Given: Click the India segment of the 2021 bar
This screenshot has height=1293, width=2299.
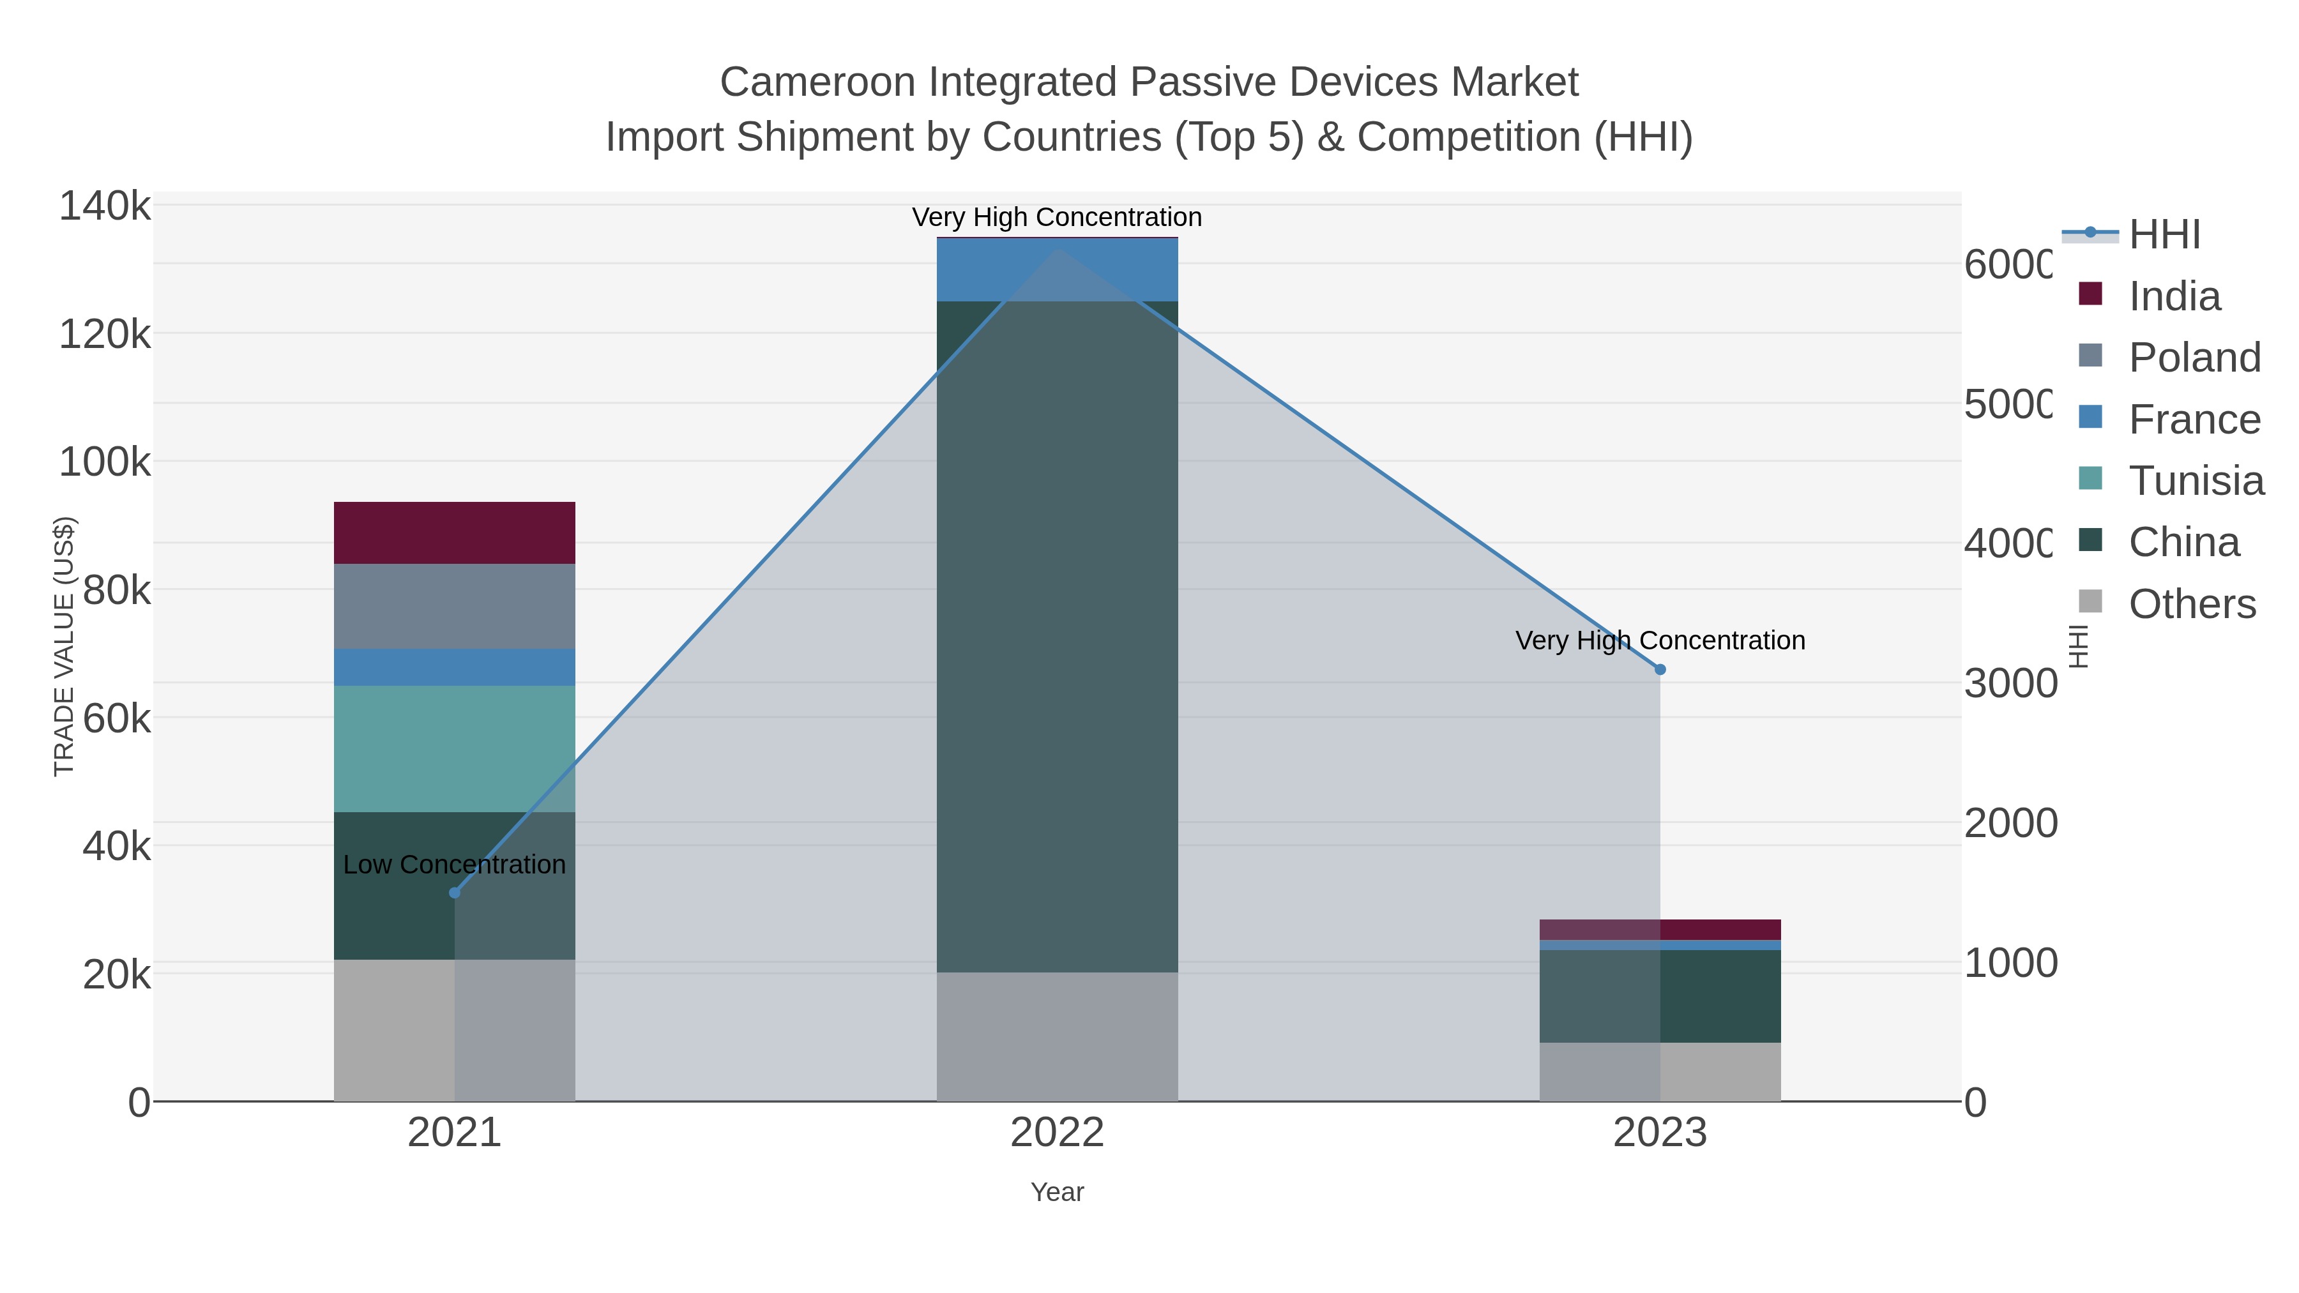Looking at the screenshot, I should tap(454, 533).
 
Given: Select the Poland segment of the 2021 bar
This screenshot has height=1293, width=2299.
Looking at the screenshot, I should tap(454, 606).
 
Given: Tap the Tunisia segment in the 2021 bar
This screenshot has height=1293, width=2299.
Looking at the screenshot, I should tap(454, 749).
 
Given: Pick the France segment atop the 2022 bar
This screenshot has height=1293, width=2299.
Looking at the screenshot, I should tap(1057, 269).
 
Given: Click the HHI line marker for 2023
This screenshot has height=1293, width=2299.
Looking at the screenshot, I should tap(1660, 669).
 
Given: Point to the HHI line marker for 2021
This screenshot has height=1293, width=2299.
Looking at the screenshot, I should tap(454, 893).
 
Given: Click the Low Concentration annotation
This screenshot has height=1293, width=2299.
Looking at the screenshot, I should tap(454, 865).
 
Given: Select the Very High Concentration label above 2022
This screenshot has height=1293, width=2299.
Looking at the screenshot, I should tap(1057, 217).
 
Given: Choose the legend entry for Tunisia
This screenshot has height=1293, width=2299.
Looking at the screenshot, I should tap(2196, 481).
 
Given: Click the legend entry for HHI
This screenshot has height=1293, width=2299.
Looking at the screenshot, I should tap(2164, 235).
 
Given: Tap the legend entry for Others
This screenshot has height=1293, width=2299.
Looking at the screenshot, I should tap(2192, 604).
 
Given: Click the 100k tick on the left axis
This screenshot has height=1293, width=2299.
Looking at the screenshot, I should tap(105, 462).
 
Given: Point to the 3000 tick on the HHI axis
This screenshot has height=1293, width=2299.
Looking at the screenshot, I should tap(2010, 683).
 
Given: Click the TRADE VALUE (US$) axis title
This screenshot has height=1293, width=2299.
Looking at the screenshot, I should tap(64, 646).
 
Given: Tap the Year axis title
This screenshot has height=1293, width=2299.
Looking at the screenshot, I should tap(1057, 1192).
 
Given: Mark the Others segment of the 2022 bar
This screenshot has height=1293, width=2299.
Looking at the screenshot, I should tap(1057, 1036).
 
